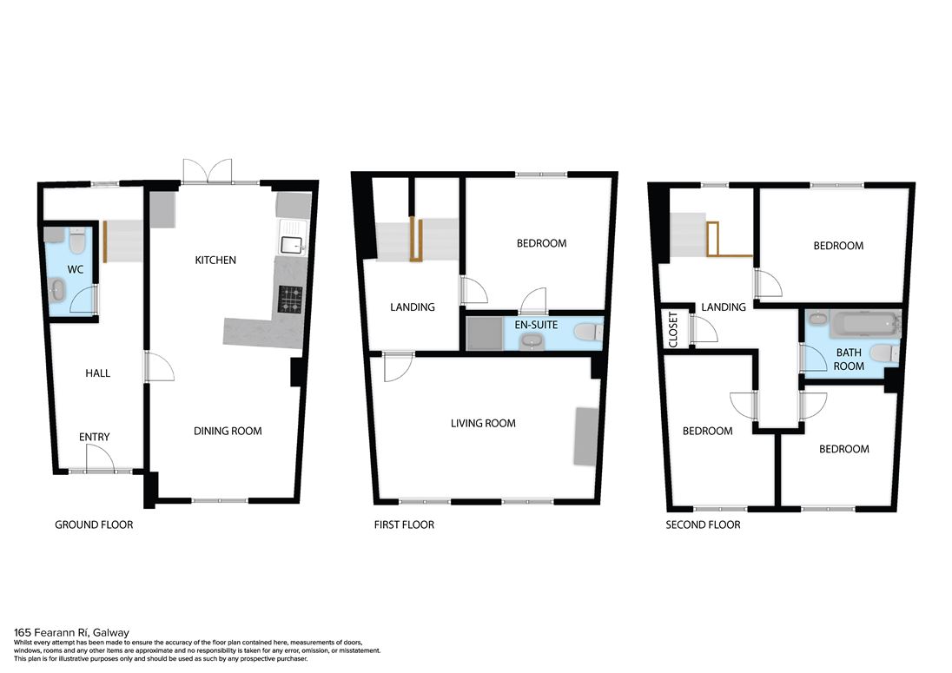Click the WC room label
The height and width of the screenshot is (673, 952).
(x=76, y=269)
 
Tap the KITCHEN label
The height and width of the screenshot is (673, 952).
(x=215, y=260)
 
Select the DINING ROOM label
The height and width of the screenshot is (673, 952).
(x=228, y=431)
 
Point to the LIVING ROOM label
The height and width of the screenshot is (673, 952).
(x=483, y=423)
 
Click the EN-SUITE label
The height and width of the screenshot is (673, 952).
(x=536, y=325)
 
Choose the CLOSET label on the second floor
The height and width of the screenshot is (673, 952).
(x=672, y=329)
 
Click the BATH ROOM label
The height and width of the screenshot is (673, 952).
(x=849, y=360)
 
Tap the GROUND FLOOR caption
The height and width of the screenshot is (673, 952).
(x=94, y=525)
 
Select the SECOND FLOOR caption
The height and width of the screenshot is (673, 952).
(x=703, y=525)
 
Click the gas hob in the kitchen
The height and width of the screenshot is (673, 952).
(x=290, y=300)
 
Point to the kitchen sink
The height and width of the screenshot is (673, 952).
(x=294, y=237)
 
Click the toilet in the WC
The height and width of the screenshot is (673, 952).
(x=77, y=241)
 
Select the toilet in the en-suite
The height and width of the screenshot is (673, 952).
(x=588, y=332)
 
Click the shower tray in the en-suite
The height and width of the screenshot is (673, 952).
(x=485, y=333)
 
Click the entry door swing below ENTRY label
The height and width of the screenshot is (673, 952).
(x=100, y=459)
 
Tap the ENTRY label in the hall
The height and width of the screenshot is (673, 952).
(x=94, y=436)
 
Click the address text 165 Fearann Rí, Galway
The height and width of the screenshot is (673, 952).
(x=71, y=632)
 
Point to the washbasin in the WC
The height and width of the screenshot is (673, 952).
(x=56, y=290)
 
